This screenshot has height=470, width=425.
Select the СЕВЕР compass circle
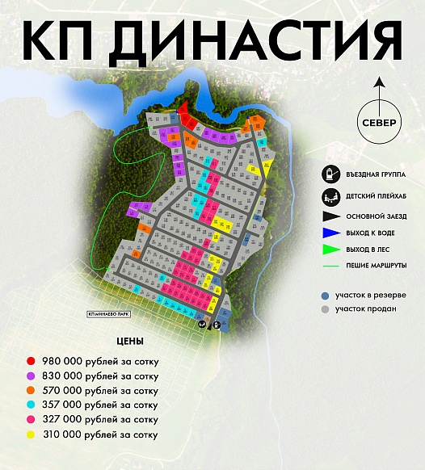[x=381, y=122]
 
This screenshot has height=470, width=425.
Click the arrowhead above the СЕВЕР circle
[x=381, y=81]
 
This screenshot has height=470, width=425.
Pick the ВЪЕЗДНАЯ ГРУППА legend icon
[x=329, y=174]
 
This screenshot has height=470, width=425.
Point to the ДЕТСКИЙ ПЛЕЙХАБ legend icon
[x=329, y=195]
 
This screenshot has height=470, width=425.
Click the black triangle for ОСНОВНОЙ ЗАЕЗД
[x=329, y=216]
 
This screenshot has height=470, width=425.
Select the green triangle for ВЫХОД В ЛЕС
[x=329, y=249]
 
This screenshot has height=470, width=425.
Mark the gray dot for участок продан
[x=325, y=309]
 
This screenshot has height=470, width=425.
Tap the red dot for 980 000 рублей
[x=30, y=360]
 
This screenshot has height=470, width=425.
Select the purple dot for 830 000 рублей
[x=30, y=376]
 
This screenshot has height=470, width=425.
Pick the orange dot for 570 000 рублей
[x=30, y=390]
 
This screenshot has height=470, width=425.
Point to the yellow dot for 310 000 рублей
[x=30, y=435]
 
